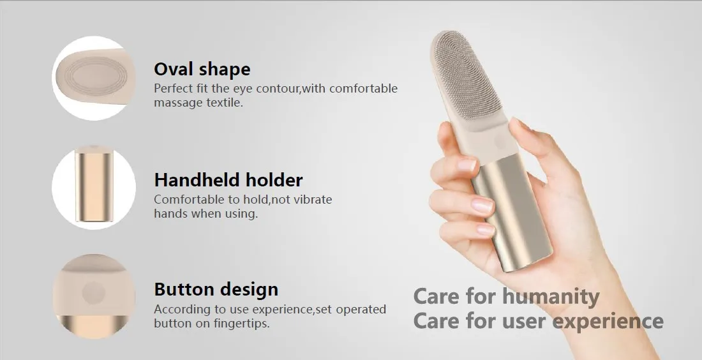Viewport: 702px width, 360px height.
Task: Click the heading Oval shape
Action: (202, 70)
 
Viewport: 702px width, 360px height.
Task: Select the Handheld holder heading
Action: (228, 180)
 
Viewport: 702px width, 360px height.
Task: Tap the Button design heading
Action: (216, 290)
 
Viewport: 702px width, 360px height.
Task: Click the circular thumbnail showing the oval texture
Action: (94, 78)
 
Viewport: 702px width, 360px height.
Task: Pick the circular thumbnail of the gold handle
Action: (94, 187)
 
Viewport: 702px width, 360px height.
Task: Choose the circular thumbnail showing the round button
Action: (94, 296)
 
